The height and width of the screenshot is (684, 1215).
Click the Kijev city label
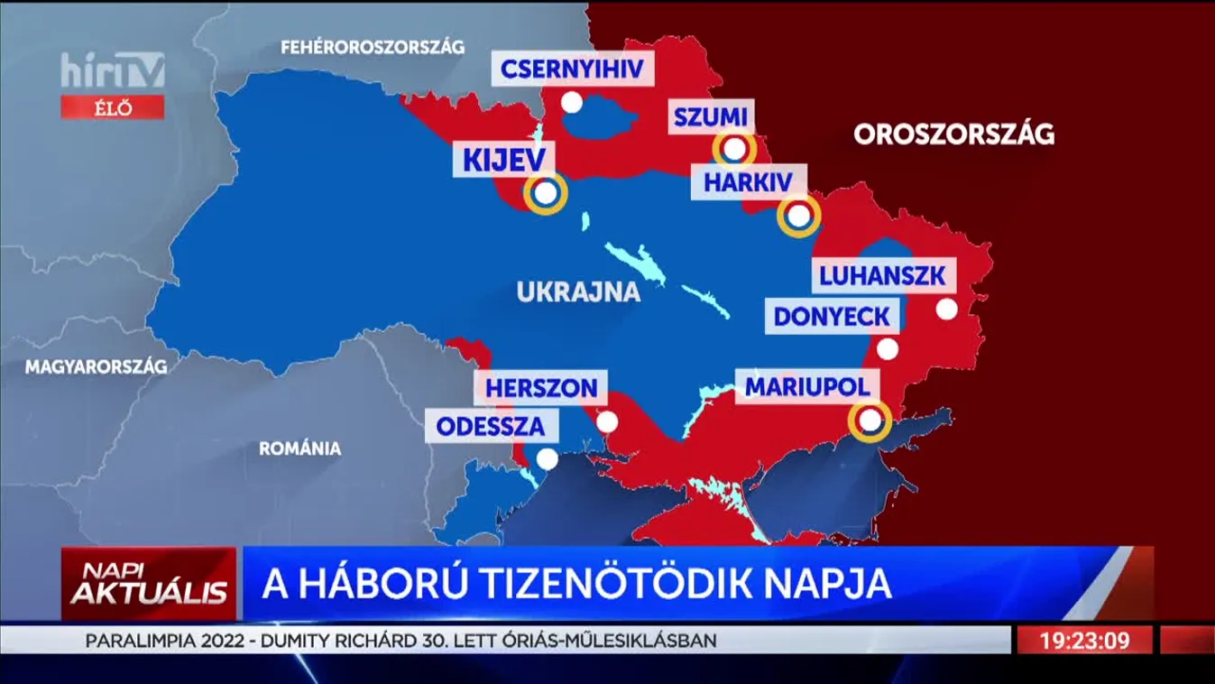504,162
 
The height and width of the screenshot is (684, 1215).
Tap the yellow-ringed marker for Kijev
545,192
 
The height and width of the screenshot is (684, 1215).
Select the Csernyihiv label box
572,69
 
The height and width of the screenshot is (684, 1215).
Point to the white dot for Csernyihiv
572,102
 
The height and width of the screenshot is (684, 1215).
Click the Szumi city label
711,117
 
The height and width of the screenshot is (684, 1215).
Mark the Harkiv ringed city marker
798,216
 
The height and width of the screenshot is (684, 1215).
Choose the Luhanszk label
883,275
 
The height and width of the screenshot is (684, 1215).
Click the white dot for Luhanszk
946,309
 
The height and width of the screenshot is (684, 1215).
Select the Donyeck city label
832,317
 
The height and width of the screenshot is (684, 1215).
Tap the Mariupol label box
806,387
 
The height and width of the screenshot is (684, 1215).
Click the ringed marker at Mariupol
870,420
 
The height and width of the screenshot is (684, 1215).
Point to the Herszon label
541,389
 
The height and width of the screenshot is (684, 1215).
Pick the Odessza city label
491,427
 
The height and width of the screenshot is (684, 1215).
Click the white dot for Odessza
547,459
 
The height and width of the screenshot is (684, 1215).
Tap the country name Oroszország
953,134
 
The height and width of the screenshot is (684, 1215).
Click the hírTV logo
113,70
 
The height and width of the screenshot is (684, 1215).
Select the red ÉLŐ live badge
113,107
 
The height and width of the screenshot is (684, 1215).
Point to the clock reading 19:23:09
1084,641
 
